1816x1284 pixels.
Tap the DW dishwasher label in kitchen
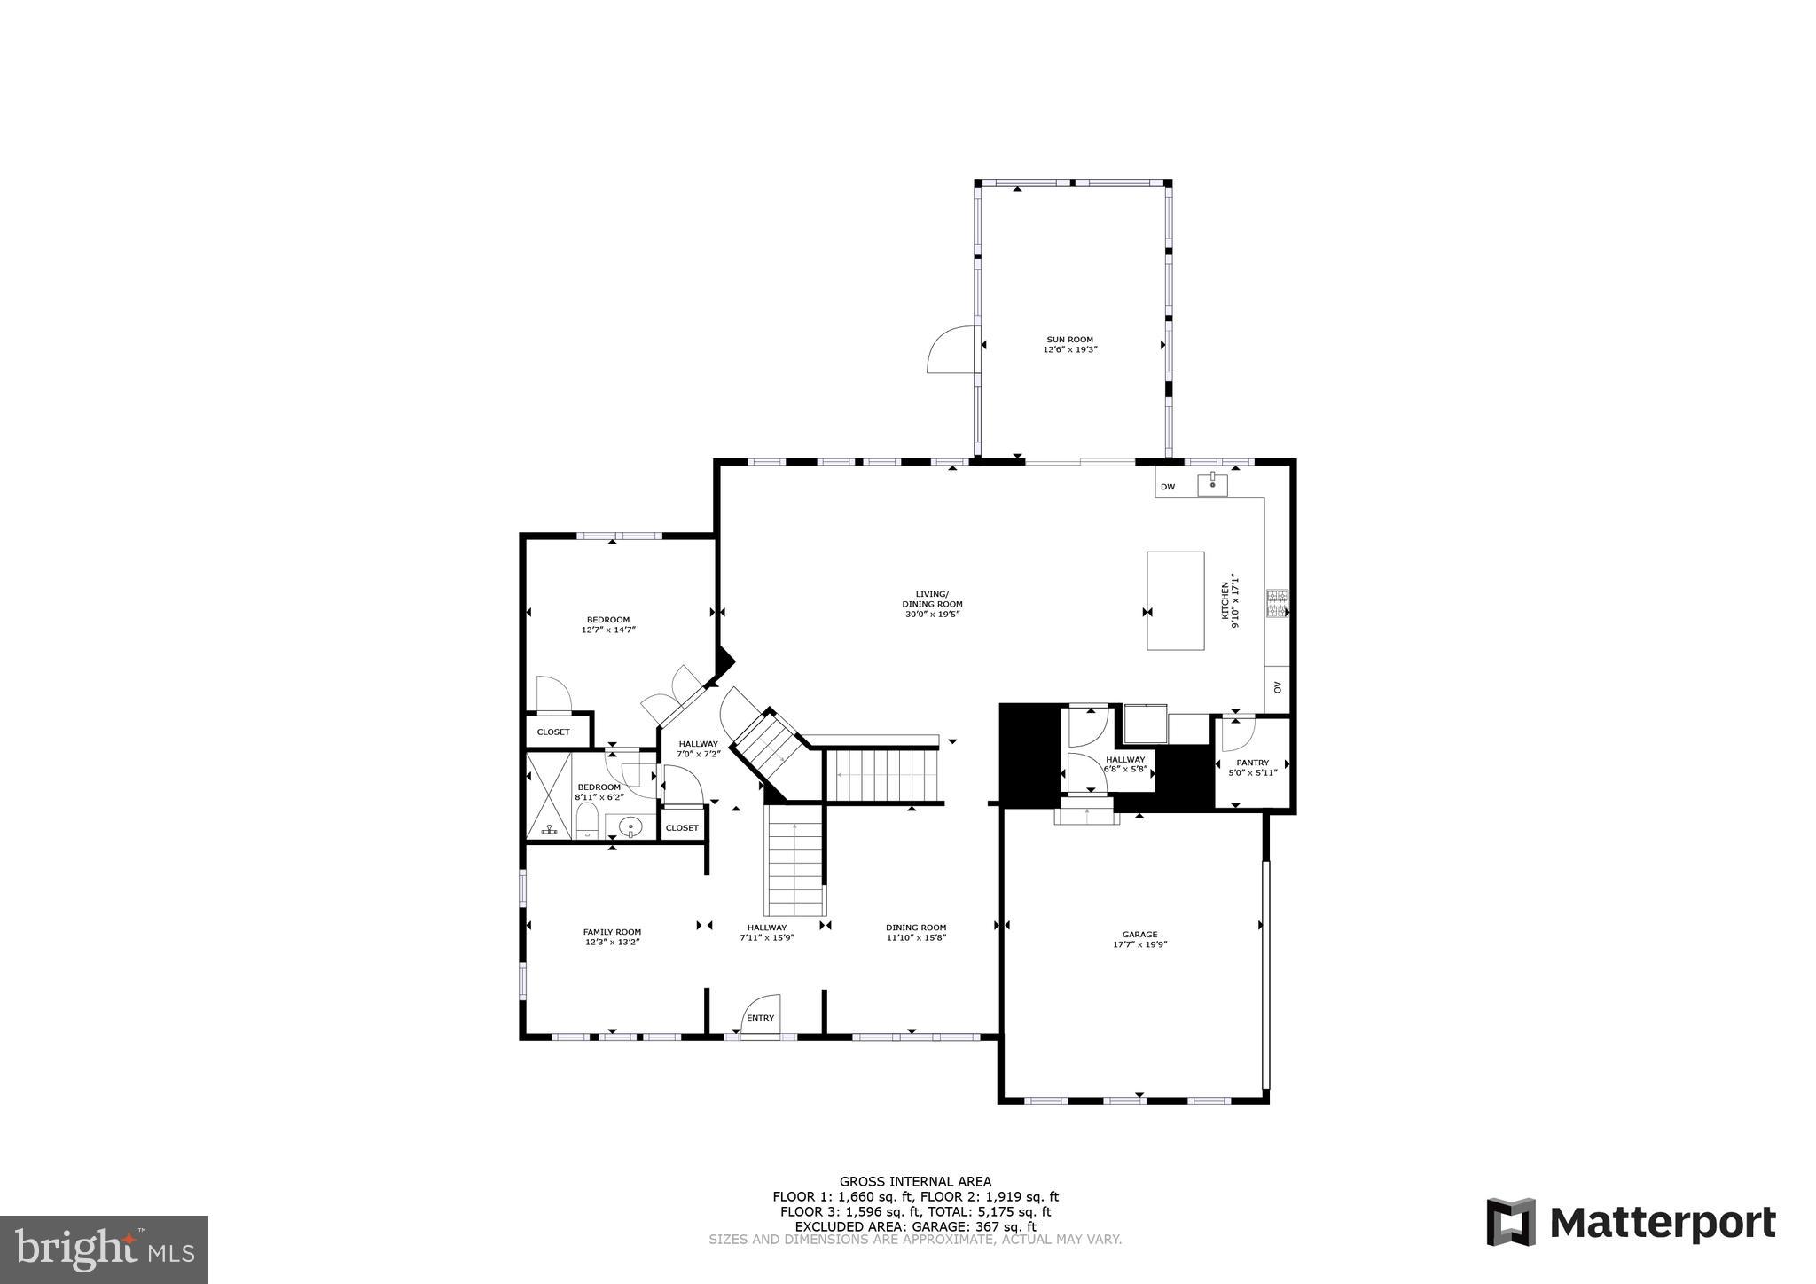(1167, 487)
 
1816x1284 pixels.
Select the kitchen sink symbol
(1212, 484)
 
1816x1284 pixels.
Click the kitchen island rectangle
(1175, 600)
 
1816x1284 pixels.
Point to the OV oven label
(1277, 687)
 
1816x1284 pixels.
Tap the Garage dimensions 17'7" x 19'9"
(1139, 945)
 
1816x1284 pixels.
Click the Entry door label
(760, 1018)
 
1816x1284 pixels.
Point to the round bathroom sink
(630, 826)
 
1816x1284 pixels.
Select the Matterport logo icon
(1511, 1222)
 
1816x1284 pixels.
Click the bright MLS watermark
(104, 1249)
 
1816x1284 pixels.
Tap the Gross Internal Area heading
(915, 1181)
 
